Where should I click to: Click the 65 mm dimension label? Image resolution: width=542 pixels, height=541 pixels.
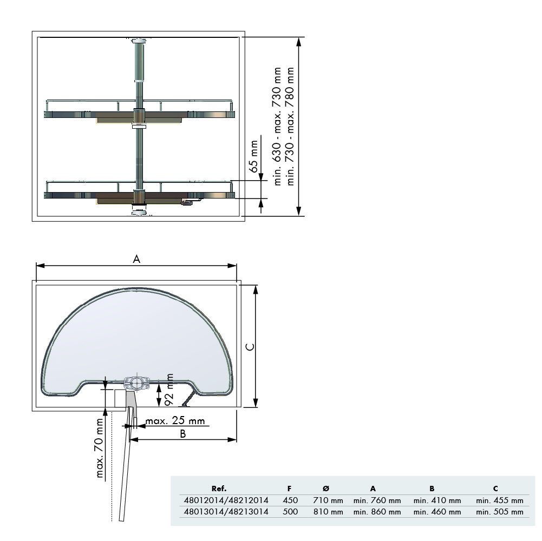coord(253,156)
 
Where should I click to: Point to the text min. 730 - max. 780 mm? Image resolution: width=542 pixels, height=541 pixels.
coord(291,127)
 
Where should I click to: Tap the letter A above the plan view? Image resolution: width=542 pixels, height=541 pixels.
coord(137,259)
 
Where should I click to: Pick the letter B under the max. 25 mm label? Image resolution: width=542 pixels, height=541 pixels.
coord(184,433)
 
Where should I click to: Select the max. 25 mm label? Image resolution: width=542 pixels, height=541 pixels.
coord(175,421)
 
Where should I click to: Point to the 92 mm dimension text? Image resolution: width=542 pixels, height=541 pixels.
coord(169,390)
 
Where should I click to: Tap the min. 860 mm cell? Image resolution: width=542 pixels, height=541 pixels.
coord(377,511)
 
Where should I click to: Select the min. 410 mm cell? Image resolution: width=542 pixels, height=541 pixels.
coord(437,500)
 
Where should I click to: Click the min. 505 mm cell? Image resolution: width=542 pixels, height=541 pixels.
coord(499,511)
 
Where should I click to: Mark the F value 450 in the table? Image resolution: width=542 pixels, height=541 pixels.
coord(290,500)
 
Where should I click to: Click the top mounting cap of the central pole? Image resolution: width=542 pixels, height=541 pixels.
coord(139,41)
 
